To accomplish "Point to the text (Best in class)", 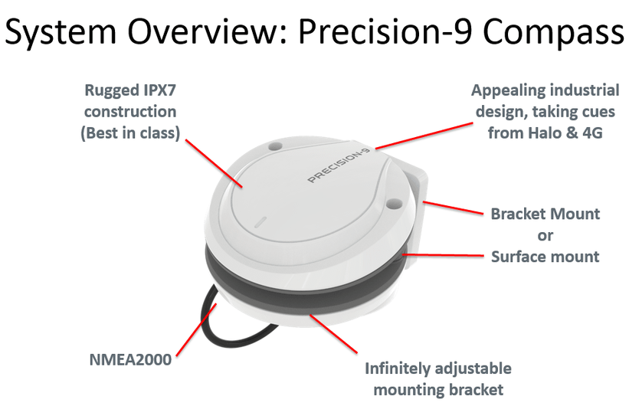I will (133, 133).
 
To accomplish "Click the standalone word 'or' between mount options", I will (545, 234).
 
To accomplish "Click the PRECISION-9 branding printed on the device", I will (339, 166).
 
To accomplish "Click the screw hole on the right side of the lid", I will (394, 204).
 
